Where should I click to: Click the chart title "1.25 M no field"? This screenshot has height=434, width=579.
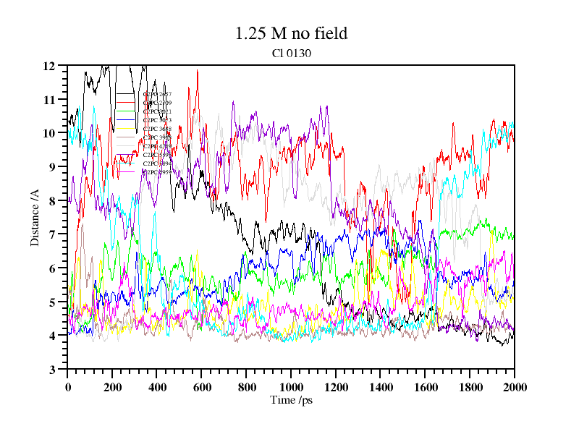coord(291,33)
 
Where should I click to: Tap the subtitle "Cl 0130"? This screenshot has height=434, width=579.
coord(291,52)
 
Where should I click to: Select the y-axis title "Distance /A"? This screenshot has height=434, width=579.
coord(35,216)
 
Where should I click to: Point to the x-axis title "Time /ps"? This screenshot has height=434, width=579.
coord(290,400)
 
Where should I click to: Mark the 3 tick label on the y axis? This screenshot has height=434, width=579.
coord(52,370)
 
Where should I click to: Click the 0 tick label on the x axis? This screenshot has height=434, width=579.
coord(67,388)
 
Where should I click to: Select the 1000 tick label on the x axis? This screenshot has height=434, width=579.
coord(291,388)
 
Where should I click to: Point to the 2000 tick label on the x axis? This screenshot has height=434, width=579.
coord(514,388)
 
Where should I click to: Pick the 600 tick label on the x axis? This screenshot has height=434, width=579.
coord(201,388)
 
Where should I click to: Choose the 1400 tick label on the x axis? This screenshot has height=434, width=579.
coord(380,388)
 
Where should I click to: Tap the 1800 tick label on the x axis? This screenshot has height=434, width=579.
coord(469,388)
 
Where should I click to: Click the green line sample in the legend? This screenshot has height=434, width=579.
coord(126,111)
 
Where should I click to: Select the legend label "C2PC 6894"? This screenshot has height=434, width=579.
coord(157,163)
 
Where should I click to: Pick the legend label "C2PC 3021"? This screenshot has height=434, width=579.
coord(157,111)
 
